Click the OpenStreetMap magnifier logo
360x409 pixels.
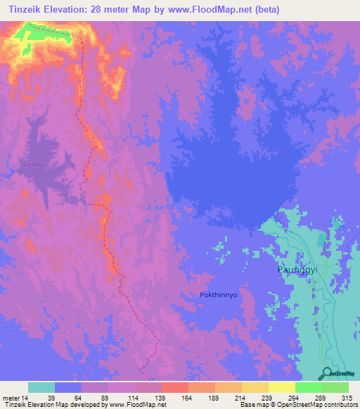tap(327, 373)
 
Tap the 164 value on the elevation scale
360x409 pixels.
tap(186, 398)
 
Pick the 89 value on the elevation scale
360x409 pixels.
tap(106, 398)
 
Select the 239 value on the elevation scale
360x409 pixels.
tap(266, 398)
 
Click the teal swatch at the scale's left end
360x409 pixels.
tap(41, 387)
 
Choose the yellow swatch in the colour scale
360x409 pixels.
tap(281, 387)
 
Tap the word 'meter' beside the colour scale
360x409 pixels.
tap(11, 398)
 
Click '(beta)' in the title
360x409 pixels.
tap(296, 10)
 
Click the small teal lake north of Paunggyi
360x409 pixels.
tap(321, 240)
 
